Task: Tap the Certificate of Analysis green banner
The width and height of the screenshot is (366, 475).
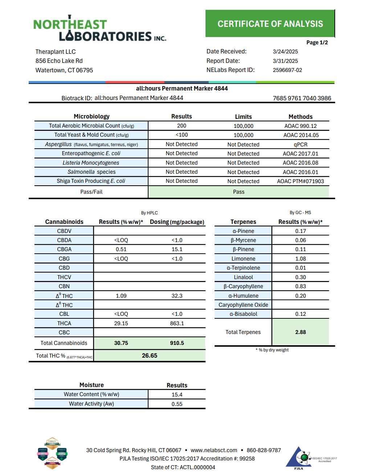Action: (x=270, y=24)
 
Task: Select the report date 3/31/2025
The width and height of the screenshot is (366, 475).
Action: (x=285, y=61)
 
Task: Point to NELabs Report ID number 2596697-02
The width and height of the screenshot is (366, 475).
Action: (x=287, y=70)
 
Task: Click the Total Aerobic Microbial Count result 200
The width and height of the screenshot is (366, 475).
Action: (x=182, y=126)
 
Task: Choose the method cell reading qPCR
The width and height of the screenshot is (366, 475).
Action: (x=300, y=144)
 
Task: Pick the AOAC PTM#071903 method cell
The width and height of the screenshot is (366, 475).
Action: (x=300, y=181)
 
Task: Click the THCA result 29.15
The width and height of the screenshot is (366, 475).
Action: (x=121, y=323)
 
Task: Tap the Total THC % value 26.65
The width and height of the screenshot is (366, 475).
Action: (x=150, y=355)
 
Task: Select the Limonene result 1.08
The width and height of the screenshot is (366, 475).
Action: (x=300, y=259)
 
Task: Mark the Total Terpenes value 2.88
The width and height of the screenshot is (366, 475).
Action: (x=300, y=332)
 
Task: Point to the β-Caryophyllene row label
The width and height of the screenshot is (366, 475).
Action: (x=243, y=286)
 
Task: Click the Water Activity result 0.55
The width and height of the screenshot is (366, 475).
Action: (x=177, y=404)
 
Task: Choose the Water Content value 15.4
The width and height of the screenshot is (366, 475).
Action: (x=177, y=394)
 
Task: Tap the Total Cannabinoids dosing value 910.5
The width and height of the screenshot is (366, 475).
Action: (x=177, y=343)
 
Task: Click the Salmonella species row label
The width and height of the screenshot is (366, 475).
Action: (x=91, y=172)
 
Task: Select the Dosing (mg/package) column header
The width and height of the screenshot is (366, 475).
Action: (x=177, y=222)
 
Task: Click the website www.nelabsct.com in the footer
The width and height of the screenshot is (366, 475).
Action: (x=214, y=450)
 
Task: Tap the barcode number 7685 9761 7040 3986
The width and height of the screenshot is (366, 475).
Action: (x=302, y=98)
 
